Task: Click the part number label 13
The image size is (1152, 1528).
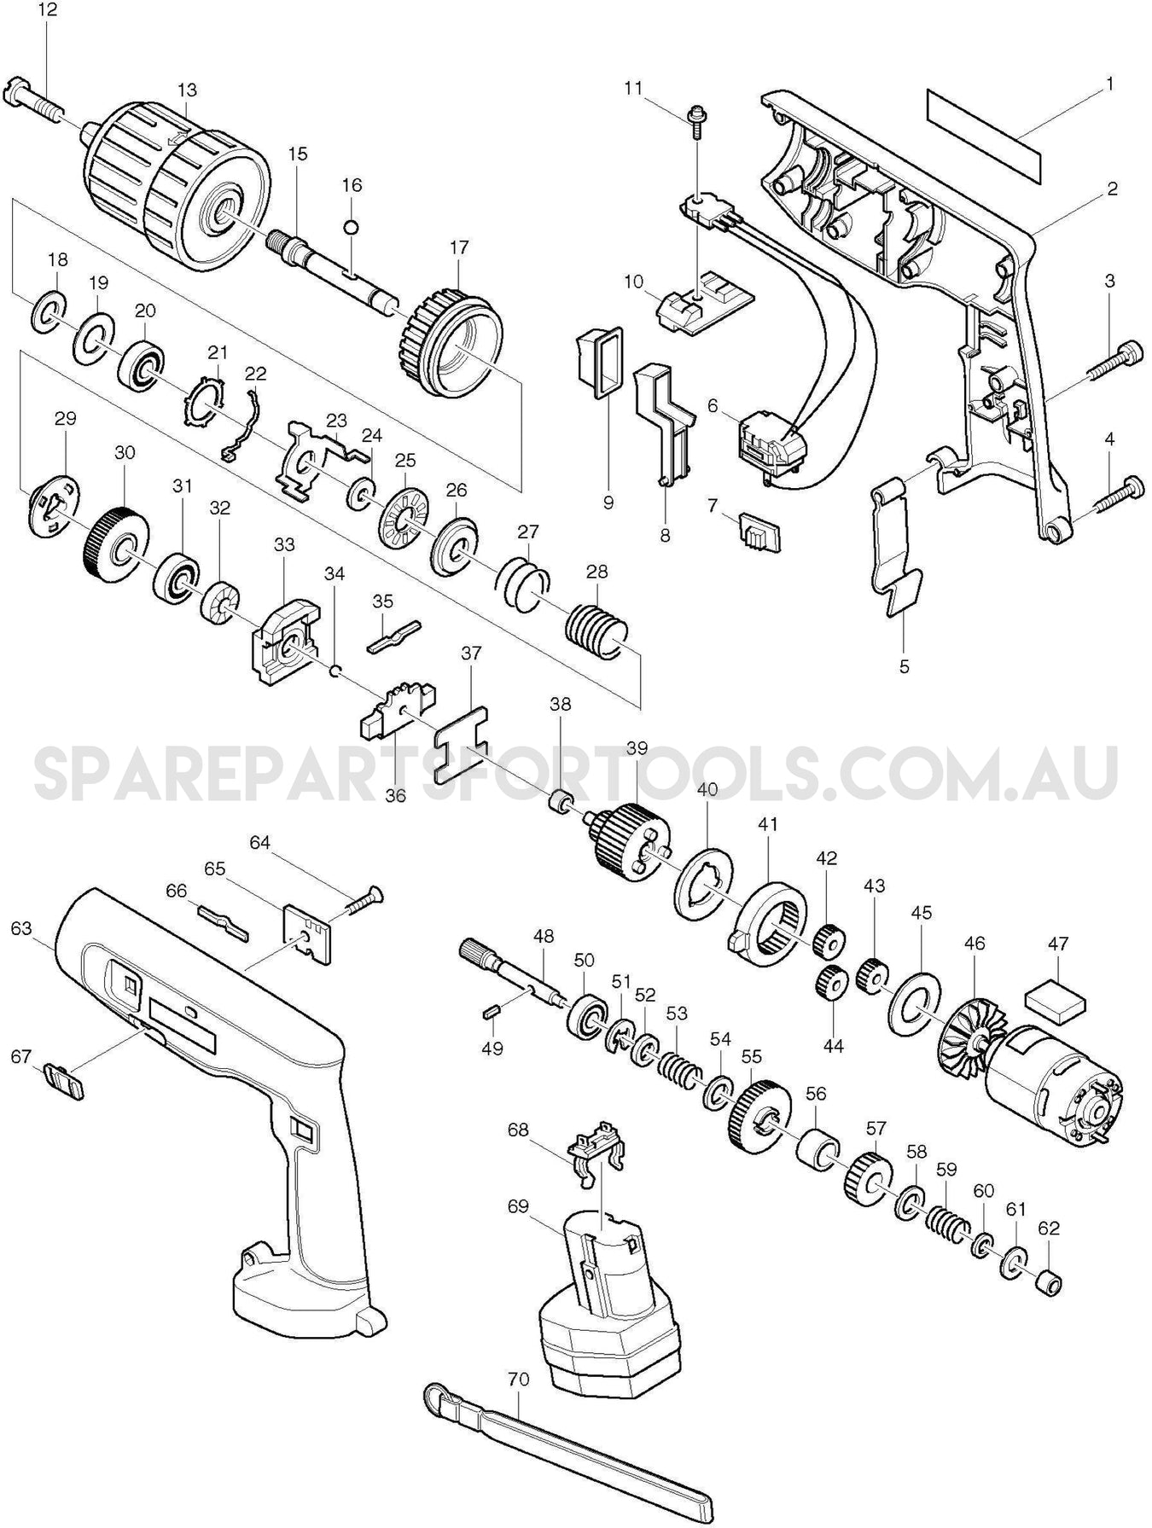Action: click(x=187, y=90)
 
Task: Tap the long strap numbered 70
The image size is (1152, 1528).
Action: click(x=567, y=1450)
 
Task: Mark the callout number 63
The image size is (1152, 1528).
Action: click(x=22, y=927)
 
